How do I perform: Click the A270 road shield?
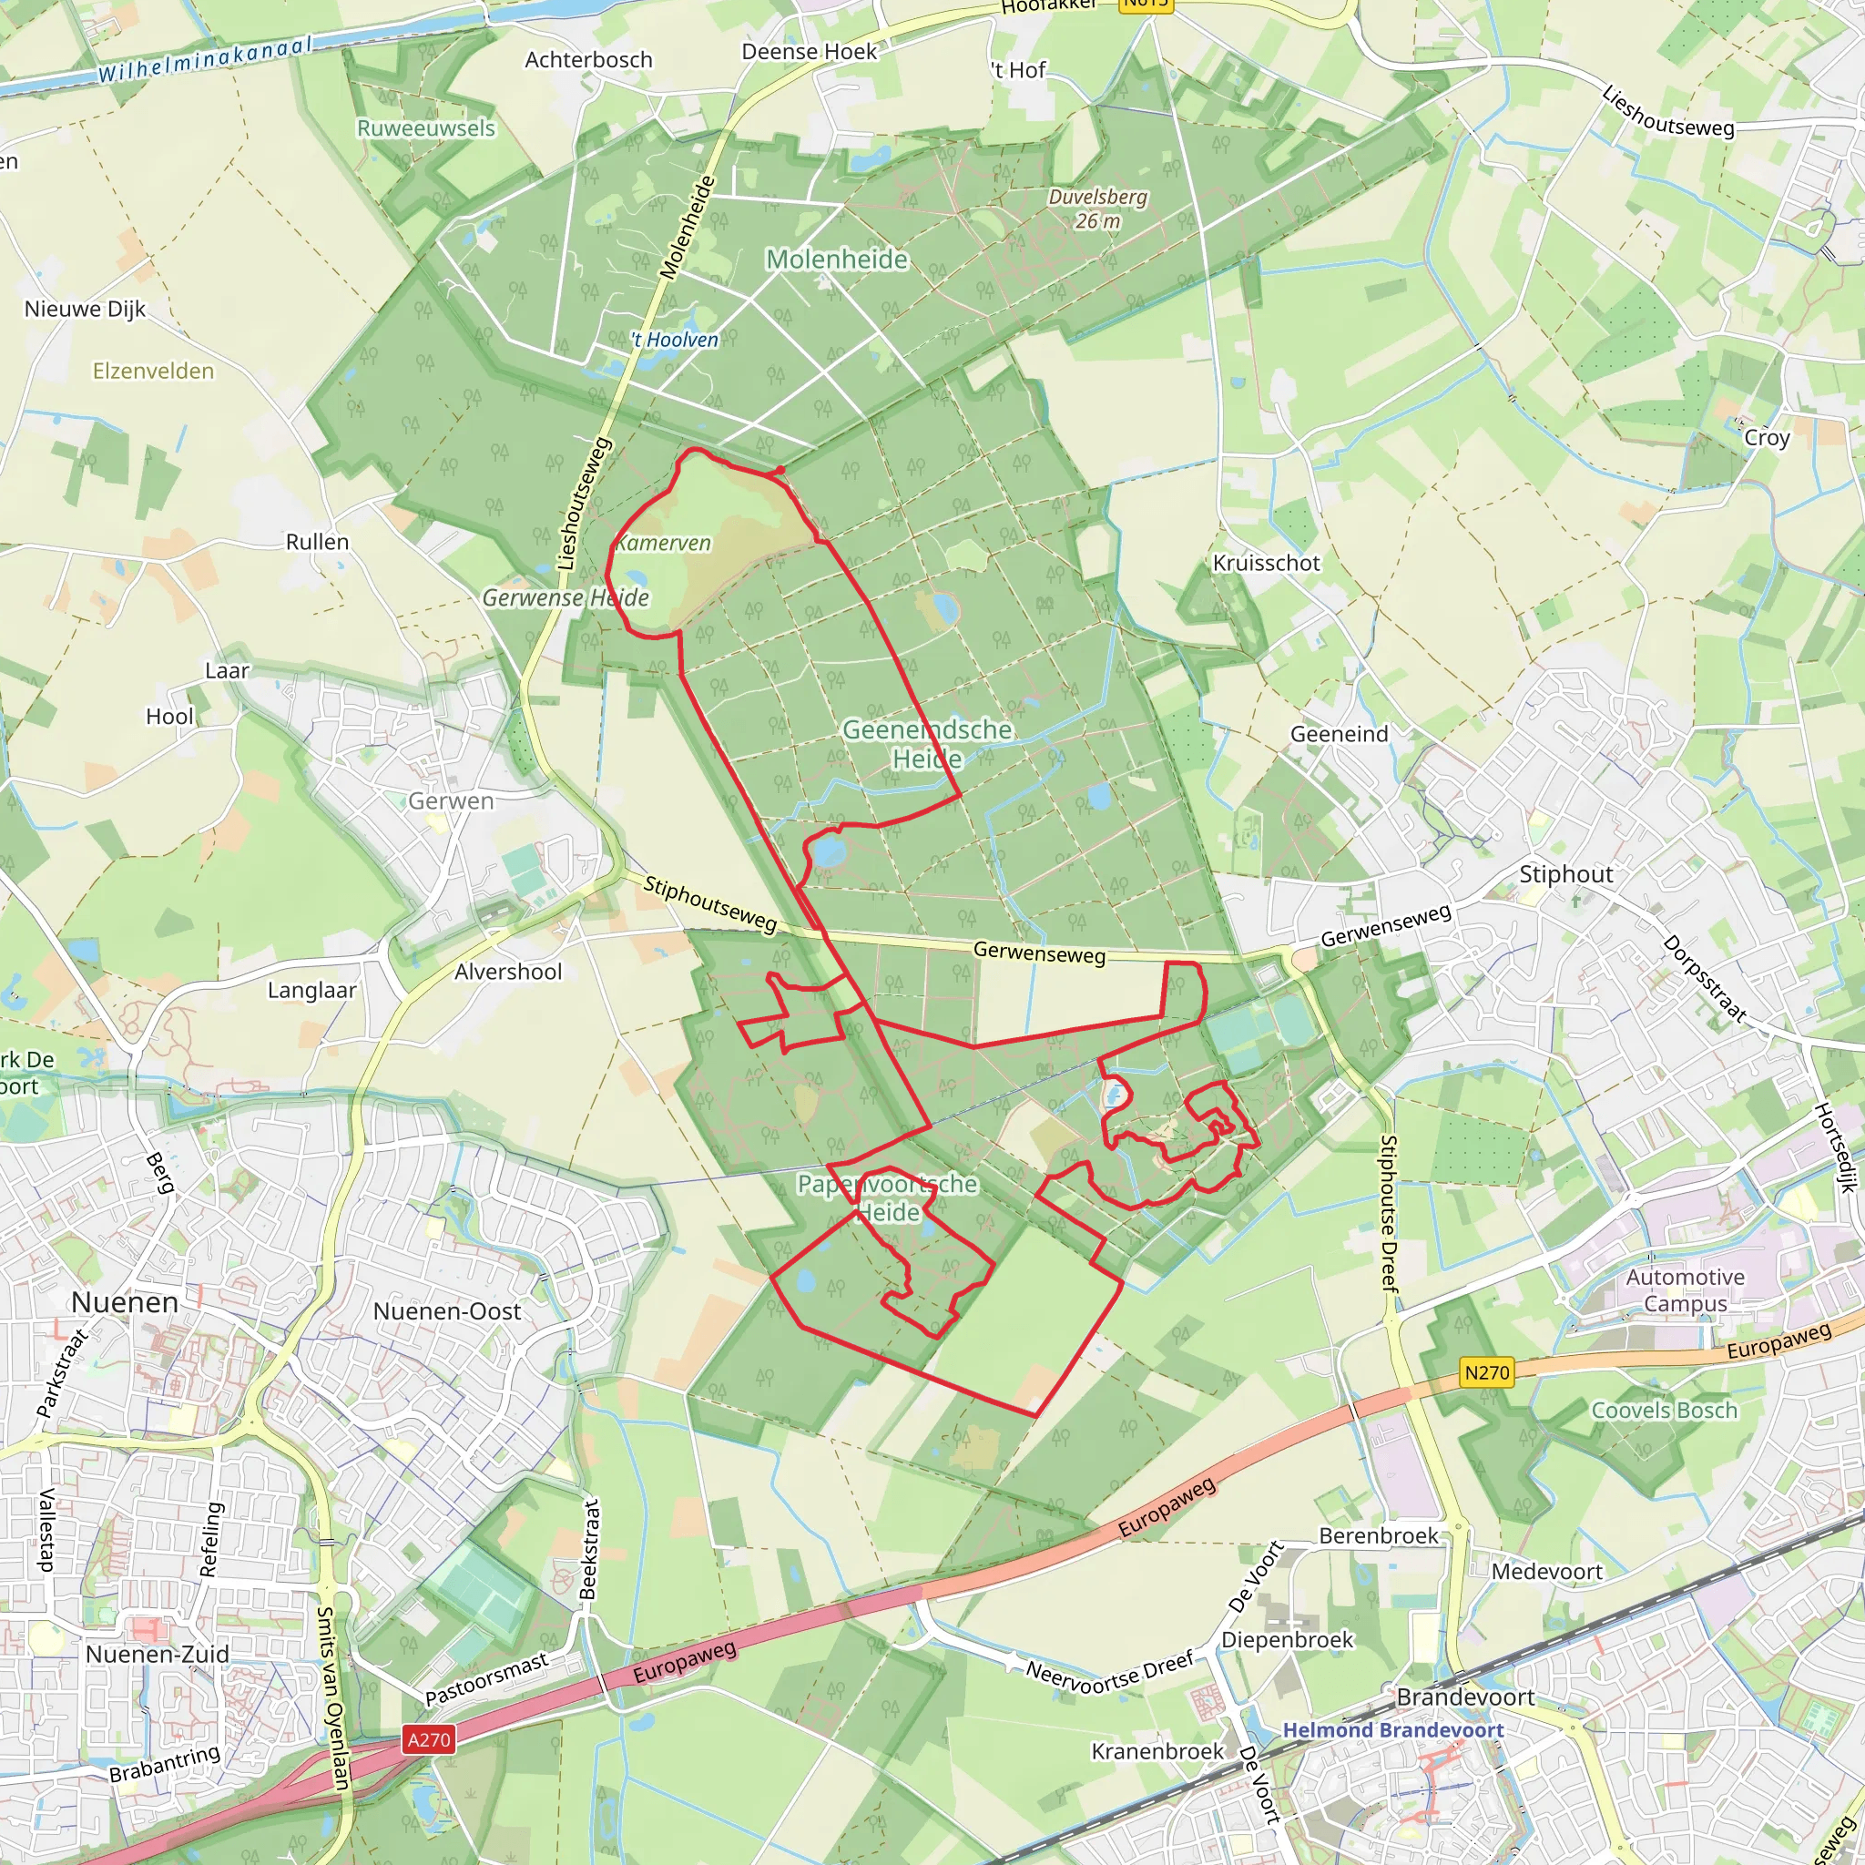[429, 1739]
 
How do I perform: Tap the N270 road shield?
[1485, 1372]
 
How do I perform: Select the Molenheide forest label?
[837, 260]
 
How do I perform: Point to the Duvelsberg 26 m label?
[1097, 209]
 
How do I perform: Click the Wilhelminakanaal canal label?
[206, 60]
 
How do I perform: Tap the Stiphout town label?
[1565, 874]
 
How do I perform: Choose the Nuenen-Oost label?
[447, 1312]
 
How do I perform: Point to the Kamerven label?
[663, 544]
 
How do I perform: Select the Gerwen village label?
[451, 801]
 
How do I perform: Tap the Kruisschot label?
[1266, 564]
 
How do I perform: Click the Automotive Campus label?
[1685, 1290]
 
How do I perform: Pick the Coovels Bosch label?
[1665, 1411]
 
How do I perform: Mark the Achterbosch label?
[589, 60]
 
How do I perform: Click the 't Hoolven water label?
[675, 340]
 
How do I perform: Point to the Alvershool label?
[508, 972]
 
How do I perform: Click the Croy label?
[1767, 438]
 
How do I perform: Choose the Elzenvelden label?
[154, 372]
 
